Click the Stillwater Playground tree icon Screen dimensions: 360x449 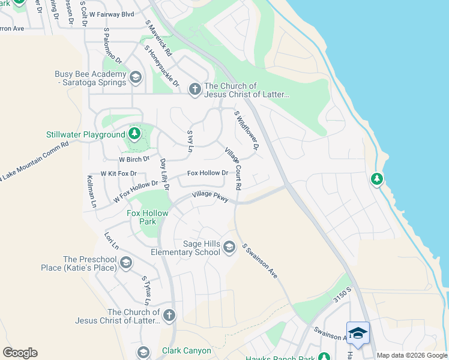tap(135, 133)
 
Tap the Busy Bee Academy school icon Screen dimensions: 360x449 tap(136, 77)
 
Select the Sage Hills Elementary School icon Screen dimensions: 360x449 tap(229, 247)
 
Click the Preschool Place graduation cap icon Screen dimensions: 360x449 tap(125, 262)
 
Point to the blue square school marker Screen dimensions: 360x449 tap(358, 334)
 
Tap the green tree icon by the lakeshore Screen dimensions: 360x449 tap(376, 179)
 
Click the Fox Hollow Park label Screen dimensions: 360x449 tap(142, 217)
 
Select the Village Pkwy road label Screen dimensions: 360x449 tap(210, 197)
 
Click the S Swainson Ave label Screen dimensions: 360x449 tap(259, 260)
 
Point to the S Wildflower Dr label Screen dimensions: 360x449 tap(247, 130)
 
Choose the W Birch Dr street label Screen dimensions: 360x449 tap(134, 160)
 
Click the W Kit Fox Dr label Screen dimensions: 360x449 tap(119, 173)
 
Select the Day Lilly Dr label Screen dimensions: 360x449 tap(164, 175)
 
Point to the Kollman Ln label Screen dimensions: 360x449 tap(92, 191)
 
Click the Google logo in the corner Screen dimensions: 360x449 tap(20, 353)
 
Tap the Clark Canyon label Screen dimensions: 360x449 tap(187, 350)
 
